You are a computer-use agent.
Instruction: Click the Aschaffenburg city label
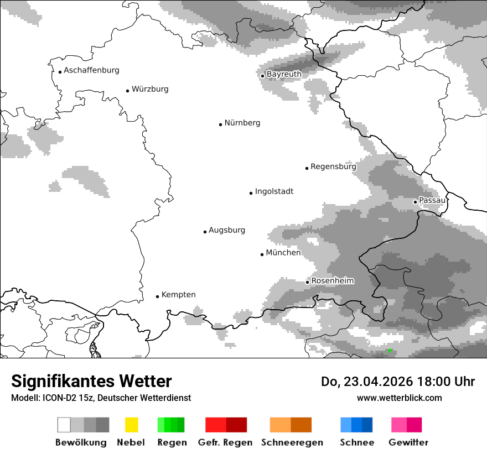click(x=91, y=70)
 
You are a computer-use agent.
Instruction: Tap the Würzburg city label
click(x=150, y=89)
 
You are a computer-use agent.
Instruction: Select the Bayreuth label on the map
click(x=284, y=74)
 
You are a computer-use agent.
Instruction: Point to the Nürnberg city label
click(x=242, y=123)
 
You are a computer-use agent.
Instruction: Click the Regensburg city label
click(x=333, y=166)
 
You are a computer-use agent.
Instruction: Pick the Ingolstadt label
click(x=274, y=191)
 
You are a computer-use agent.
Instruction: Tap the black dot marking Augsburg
click(x=205, y=232)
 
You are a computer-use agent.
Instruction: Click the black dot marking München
click(x=262, y=254)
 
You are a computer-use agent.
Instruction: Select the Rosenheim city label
click(x=333, y=281)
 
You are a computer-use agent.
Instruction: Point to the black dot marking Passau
click(x=415, y=202)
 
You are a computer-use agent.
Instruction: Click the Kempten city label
click(x=178, y=295)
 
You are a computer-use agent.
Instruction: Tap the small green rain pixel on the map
click(x=390, y=351)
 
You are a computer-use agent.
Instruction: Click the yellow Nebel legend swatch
click(x=131, y=425)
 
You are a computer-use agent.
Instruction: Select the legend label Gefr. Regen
click(x=225, y=442)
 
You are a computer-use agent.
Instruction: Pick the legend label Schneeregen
click(x=292, y=442)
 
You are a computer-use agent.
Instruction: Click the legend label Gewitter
click(x=408, y=442)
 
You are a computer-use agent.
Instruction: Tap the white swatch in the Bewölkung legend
click(x=64, y=425)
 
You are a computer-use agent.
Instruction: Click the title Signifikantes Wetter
click(x=91, y=381)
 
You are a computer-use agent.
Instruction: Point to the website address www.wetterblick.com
click(x=399, y=398)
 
